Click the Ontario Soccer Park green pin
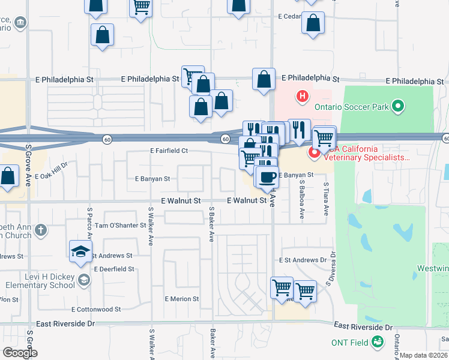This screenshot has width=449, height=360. pyautogui.click(x=397, y=107)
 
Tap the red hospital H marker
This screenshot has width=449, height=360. pyautogui.click(x=303, y=95)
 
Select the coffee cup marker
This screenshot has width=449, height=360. pyautogui.click(x=267, y=178)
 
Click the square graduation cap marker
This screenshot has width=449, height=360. pyautogui.click(x=79, y=252)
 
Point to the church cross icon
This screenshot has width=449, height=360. pyautogui.click(x=40, y=230)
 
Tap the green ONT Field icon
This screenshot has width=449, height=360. pyautogui.click(x=378, y=342)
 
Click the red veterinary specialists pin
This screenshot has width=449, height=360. pyautogui.click(x=314, y=154)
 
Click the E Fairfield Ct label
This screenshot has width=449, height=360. pyautogui.click(x=169, y=151)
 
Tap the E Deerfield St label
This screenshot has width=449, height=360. pyautogui.click(x=113, y=269)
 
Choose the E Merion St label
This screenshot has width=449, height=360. pyautogui.click(x=182, y=299)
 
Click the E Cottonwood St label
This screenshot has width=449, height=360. pyautogui.click(x=96, y=310)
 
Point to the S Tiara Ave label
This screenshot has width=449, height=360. pyautogui.click(x=327, y=200)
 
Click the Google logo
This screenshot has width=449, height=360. pyautogui.click(x=19, y=353)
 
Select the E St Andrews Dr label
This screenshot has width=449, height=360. pyautogui.click(x=302, y=260)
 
